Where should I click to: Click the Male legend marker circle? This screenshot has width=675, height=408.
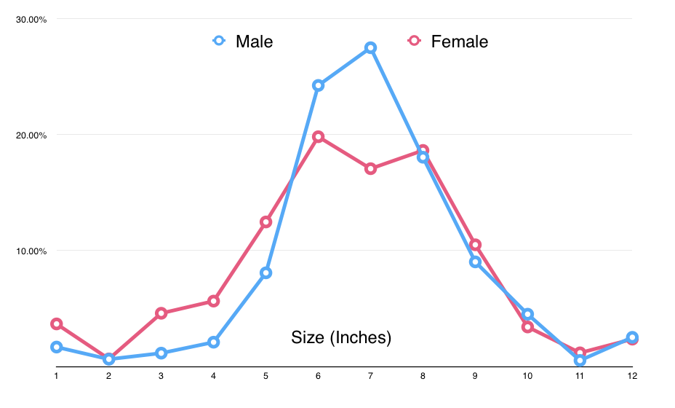tap(218, 41)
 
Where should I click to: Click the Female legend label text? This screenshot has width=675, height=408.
tap(459, 42)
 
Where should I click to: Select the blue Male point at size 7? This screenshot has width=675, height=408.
tap(370, 47)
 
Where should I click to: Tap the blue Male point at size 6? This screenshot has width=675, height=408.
tap(318, 85)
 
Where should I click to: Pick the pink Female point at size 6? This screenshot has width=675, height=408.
tap(318, 136)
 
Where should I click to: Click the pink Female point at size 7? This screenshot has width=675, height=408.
tap(370, 168)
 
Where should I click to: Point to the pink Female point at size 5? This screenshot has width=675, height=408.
tap(265, 221)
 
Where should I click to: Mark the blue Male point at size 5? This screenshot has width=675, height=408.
tap(265, 272)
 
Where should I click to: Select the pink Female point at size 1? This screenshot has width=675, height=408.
tap(56, 323)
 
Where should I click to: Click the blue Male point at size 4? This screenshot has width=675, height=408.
tap(213, 342)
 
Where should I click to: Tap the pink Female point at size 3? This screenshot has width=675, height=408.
tap(161, 313)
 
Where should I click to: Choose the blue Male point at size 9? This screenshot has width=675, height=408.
tap(475, 262)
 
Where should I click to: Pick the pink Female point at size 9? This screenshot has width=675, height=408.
tap(475, 245)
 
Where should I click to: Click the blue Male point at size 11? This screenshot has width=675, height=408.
tap(580, 360)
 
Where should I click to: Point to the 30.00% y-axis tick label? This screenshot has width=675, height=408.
tap(31, 19)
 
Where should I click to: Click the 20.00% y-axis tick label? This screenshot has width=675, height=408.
tap(31, 135)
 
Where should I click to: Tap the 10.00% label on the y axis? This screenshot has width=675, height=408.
tap(31, 251)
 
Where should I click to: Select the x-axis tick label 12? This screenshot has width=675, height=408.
tap(631, 376)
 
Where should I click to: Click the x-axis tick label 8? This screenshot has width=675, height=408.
tap(423, 376)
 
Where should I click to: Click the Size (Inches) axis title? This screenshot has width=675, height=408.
tap(341, 337)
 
